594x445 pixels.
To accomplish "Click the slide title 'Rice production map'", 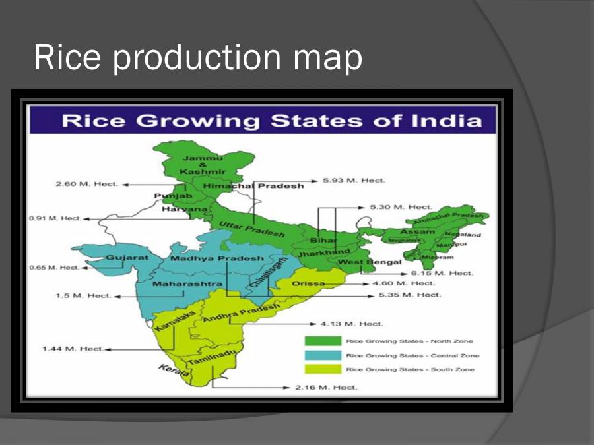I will (198, 57).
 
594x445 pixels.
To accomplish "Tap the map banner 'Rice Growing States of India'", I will (271, 121).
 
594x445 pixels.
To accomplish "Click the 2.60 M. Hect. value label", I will (86, 184).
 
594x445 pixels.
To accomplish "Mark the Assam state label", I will (417, 231).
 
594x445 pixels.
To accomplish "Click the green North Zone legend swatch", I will (322, 341).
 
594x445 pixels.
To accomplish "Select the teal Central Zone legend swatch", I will (322, 355).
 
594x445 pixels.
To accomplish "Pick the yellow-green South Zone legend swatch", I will (322, 369).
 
